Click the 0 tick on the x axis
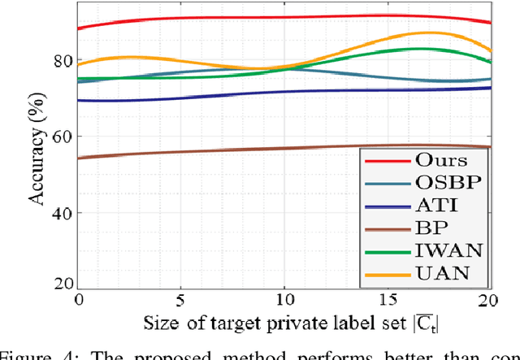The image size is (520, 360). coord(79,299)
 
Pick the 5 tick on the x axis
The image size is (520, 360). coord(181,299)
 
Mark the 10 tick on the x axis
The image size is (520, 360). coord(284,299)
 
